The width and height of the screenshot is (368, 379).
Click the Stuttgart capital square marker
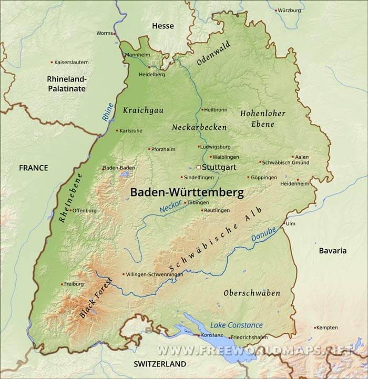point(198,167)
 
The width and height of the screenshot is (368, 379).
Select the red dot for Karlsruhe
point(117,130)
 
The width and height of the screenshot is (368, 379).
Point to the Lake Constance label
point(237,325)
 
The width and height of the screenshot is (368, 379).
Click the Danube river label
point(263,234)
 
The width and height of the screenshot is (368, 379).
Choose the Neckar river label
point(170,206)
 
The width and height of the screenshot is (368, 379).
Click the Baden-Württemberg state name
point(187,192)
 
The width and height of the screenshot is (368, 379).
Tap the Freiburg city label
point(74,284)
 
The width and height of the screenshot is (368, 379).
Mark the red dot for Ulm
point(284,223)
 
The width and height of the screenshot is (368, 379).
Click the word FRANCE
point(33,168)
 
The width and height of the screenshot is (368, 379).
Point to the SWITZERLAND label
point(160,364)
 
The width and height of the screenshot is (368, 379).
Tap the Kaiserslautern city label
point(71,62)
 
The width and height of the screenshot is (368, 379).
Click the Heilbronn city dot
point(202,110)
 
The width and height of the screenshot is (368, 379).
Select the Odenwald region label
point(213,54)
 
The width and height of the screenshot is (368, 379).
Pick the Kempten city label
point(327,327)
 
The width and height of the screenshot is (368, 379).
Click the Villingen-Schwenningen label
point(155,274)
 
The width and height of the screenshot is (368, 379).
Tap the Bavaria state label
point(333,251)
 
